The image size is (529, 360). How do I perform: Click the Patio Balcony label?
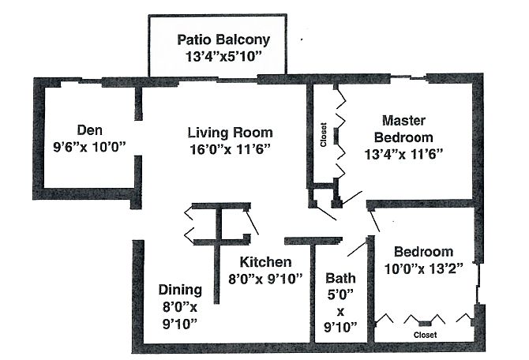(x=223, y=39)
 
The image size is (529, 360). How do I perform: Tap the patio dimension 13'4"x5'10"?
(x=223, y=57)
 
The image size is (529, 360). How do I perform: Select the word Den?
(x=89, y=130)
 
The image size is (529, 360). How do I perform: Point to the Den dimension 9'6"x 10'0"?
(x=89, y=147)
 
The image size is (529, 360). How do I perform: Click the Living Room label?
(x=230, y=133)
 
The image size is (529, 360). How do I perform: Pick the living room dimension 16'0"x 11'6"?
(x=230, y=149)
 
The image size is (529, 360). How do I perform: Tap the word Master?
(x=403, y=120)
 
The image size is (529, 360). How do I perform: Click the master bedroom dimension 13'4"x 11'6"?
(x=403, y=154)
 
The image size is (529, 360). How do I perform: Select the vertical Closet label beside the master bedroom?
(x=324, y=135)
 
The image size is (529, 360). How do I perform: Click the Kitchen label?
(x=265, y=262)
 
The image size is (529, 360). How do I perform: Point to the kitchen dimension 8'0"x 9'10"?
(x=265, y=279)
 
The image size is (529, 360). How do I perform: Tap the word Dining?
(x=180, y=290)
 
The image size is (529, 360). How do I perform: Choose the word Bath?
(x=340, y=279)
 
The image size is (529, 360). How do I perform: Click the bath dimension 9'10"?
(x=340, y=327)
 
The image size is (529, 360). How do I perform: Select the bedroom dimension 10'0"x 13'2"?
(x=423, y=269)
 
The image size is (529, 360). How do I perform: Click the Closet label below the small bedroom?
(x=425, y=335)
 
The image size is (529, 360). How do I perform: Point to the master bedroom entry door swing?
(x=351, y=197)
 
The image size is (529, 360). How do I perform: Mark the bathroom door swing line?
(x=357, y=248)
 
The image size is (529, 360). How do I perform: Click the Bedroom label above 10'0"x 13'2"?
(x=423, y=252)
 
